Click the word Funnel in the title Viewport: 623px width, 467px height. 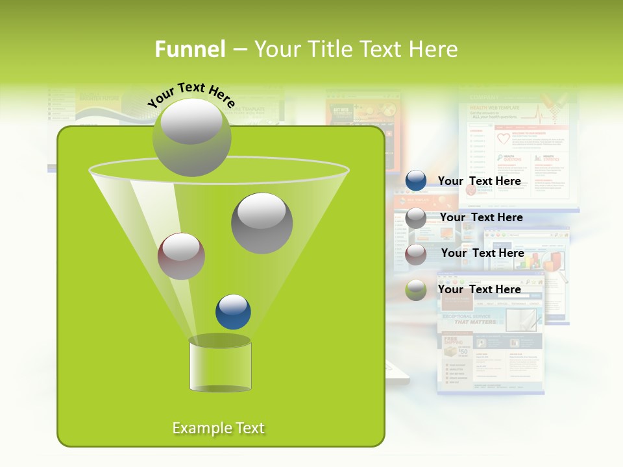tap(190, 49)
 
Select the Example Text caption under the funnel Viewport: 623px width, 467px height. tap(219, 428)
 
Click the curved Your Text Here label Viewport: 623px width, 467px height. tap(191, 95)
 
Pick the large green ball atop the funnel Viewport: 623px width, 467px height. tap(191, 138)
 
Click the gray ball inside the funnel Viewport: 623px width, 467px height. tap(262, 223)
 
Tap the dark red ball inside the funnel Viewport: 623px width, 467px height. tap(181, 256)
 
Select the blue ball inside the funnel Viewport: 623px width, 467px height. tap(233, 312)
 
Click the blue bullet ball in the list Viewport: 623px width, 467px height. tap(416, 181)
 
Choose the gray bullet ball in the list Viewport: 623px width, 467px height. tap(416, 218)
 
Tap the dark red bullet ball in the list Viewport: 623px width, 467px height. tap(416, 254)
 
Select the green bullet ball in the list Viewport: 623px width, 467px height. tap(416, 290)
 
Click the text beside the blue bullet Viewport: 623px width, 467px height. tap(479, 181)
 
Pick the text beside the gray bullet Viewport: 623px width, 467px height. tap(481, 217)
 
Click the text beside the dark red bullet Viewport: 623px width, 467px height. tap(482, 253)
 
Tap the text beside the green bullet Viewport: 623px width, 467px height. tap(479, 289)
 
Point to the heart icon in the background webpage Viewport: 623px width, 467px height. tap(503, 139)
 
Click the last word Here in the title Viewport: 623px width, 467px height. tap(434, 49)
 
